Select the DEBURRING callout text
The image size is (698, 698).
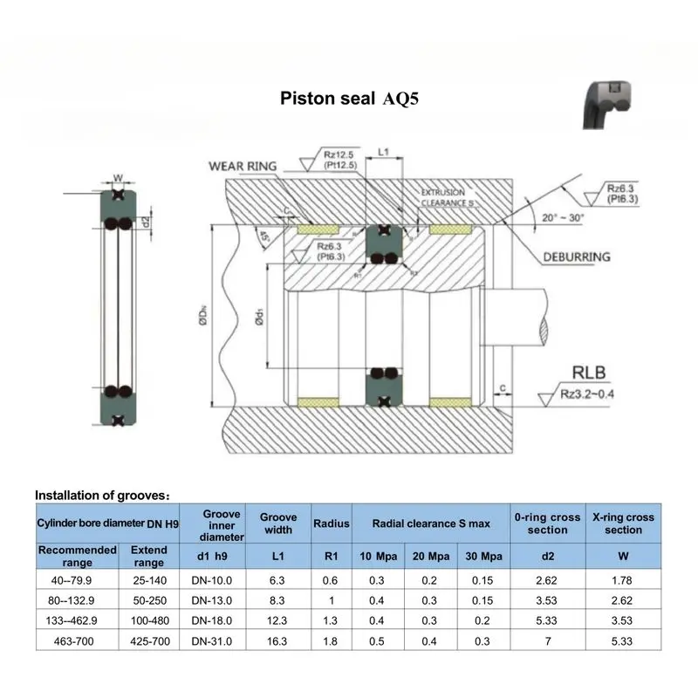[577, 257]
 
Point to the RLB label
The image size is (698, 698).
[585, 369]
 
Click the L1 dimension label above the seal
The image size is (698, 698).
[382, 152]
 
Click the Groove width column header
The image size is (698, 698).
[278, 523]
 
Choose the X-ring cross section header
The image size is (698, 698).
[623, 523]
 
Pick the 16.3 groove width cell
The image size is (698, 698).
[278, 642]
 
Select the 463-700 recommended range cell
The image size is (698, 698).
[77, 642]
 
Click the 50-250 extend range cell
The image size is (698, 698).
[147, 599]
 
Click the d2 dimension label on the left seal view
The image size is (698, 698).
[146, 219]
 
